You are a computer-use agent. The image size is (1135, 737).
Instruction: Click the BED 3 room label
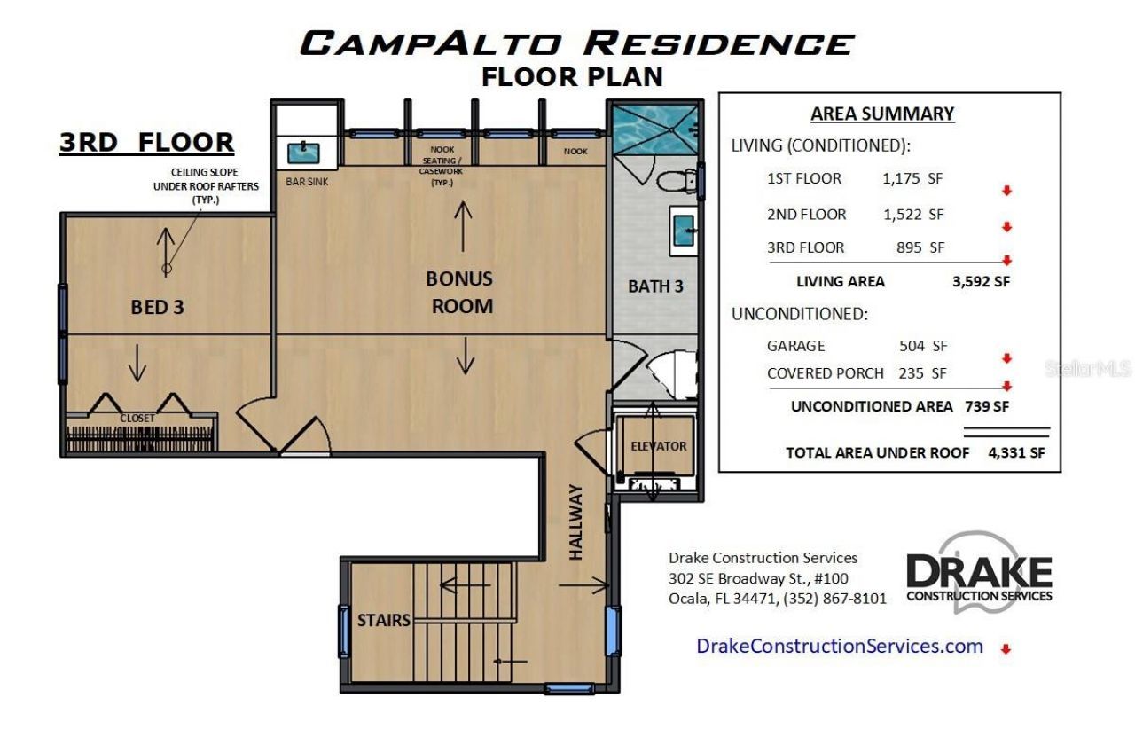[157, 307]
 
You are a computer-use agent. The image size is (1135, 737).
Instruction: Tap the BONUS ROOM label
[459, 292]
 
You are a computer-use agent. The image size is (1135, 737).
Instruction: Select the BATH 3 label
[656, 286]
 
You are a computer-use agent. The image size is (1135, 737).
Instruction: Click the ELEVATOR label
[658, 446]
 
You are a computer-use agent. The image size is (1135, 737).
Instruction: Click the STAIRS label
[384, 620]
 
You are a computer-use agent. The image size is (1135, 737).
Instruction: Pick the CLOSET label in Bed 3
[137, 418]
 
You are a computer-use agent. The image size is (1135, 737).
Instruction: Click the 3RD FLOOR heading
[146, 142]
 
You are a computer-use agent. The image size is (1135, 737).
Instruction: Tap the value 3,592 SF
[980, 281]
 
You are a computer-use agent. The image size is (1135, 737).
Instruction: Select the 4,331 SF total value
[1016, 452]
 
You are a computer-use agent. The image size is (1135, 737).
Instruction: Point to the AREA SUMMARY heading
[882, 114]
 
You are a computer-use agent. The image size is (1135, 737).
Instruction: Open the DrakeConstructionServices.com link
[840, 646]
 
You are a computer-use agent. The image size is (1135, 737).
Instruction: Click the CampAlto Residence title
[576, 43]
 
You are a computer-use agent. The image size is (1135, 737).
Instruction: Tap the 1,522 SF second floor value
[913, 215]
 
